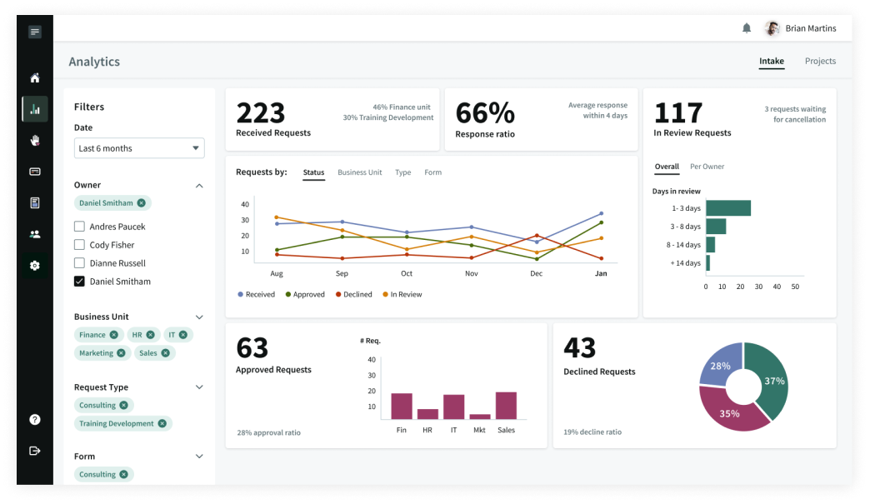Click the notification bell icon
[747, 28]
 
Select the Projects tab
[820, 61]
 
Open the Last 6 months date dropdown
[139, 148]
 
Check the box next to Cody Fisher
[79, 245]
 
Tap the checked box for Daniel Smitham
[79, 282]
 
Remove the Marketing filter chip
[122, 353]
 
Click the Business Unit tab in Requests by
[359, 172]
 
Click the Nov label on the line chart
[471, 273]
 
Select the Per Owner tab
[707, 167]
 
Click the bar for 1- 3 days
[727, 208]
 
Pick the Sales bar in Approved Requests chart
[506, 405]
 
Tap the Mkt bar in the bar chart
[480, 416]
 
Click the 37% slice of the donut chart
[768, 379]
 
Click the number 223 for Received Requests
[260, 112]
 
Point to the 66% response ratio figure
[485, 113]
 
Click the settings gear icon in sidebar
[34, 266]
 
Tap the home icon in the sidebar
[34, 78]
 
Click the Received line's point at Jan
[601, 213]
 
